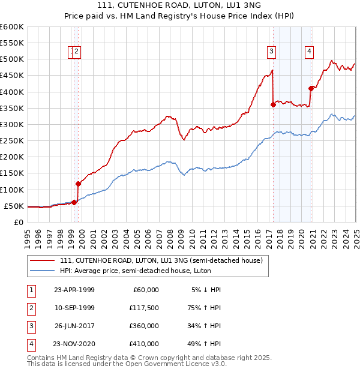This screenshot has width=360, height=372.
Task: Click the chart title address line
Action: [x=179, y=5]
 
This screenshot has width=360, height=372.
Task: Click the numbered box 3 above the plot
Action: [x=272, y=52]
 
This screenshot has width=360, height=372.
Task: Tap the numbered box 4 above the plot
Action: [x=309, y=52]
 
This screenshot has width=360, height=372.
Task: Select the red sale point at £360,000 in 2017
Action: [x=273, y=104]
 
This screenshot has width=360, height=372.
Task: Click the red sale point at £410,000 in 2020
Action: [x=311, y=88]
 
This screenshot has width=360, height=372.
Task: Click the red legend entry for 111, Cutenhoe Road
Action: [x=161, y=260]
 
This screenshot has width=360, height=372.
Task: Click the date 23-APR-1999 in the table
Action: [x=74, y=289]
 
